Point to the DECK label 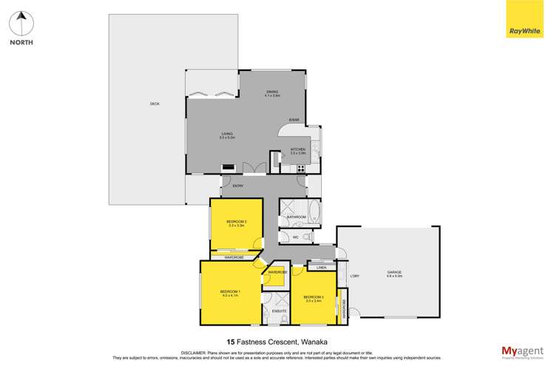[x=155, y=104]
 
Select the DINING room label [x=272, y=93]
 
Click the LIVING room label [x=226, y=135]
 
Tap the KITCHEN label [x=298, y=151]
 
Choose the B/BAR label [x=294, y=120]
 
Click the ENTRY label [x=237, y=186]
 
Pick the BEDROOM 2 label [x=237, y=223]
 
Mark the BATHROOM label [x=297, y=217]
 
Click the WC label [x=294, y=237]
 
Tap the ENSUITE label [x=279, y=311]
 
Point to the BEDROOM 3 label [x=314, y=298]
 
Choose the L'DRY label [x=355, y=276]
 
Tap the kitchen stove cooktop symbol [x=301, y=169]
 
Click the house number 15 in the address [x=231, y=342]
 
